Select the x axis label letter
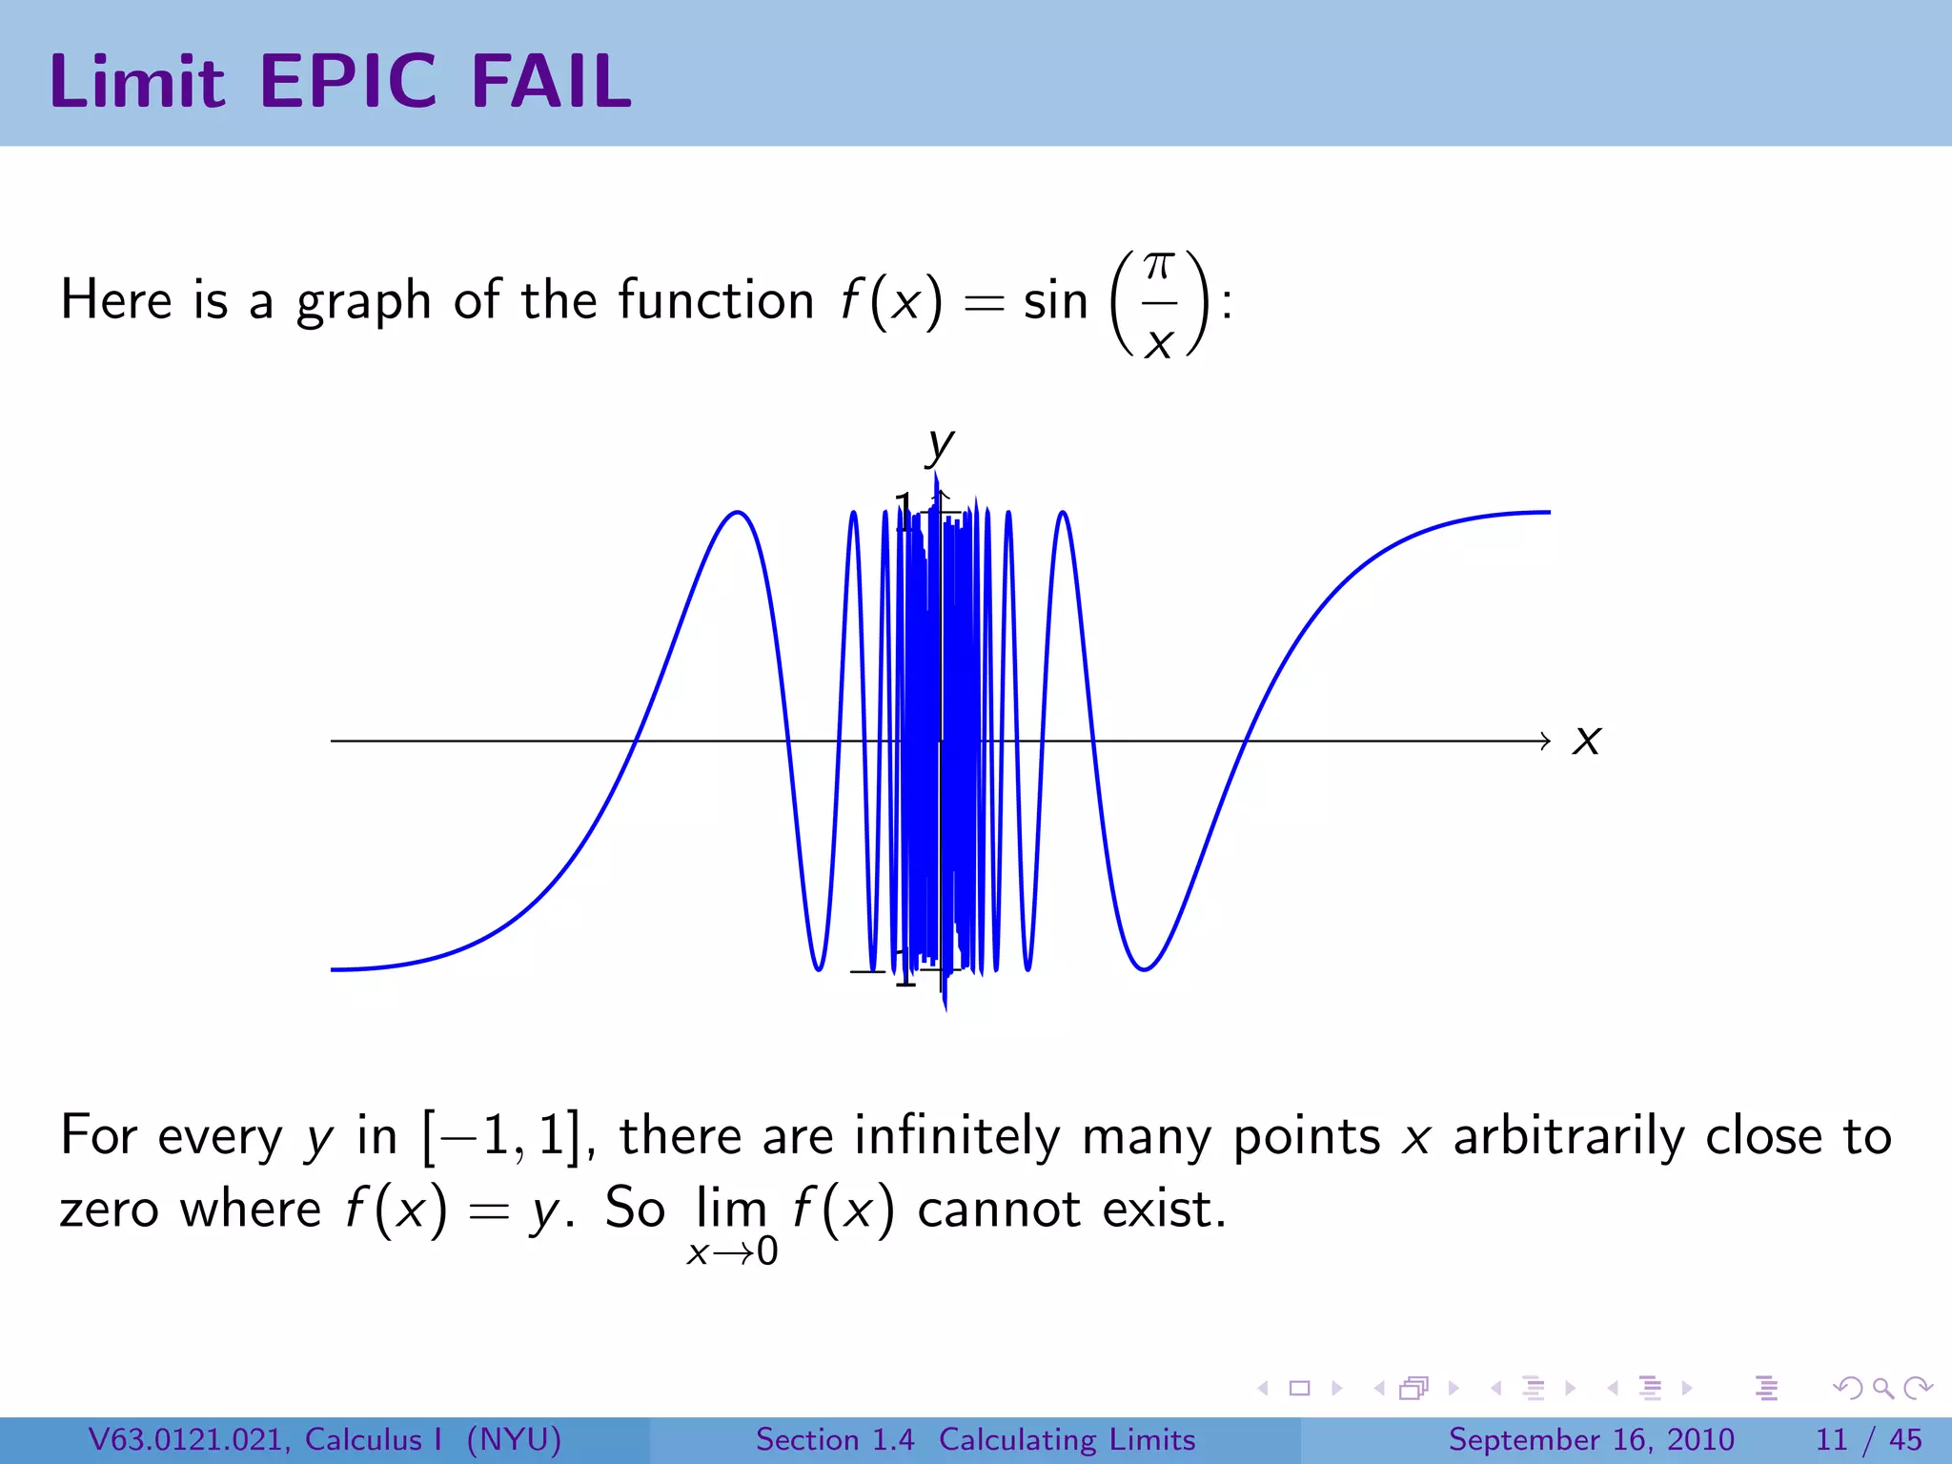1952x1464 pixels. pyautogui.click(x=1587, y=741)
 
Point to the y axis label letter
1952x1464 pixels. pyautogui.click(x=940, y=444)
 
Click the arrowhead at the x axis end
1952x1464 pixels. pyautogui.click(x=1545, y=741)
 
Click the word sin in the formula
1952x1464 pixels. pyautogui.click(x=1055, y=301)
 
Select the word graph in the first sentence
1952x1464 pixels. pyautogui.click(x=364, y=303)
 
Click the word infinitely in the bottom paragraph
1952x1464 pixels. pyautogui.click(x=957, y=1136)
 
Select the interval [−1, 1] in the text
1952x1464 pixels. pyautogui.click(x=502, y=1136)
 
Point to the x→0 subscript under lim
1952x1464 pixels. pyautogui.click(x=732, y=1252)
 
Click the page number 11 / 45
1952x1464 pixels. pyautogui.click(x=1868, y=1439)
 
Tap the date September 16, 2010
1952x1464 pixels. pyautogui.click(x=1591, y=1439)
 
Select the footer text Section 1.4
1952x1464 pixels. pyautogui.click(x=835, y=1439)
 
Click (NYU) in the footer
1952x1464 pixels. pyautogui.click(x=515, y=1439)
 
